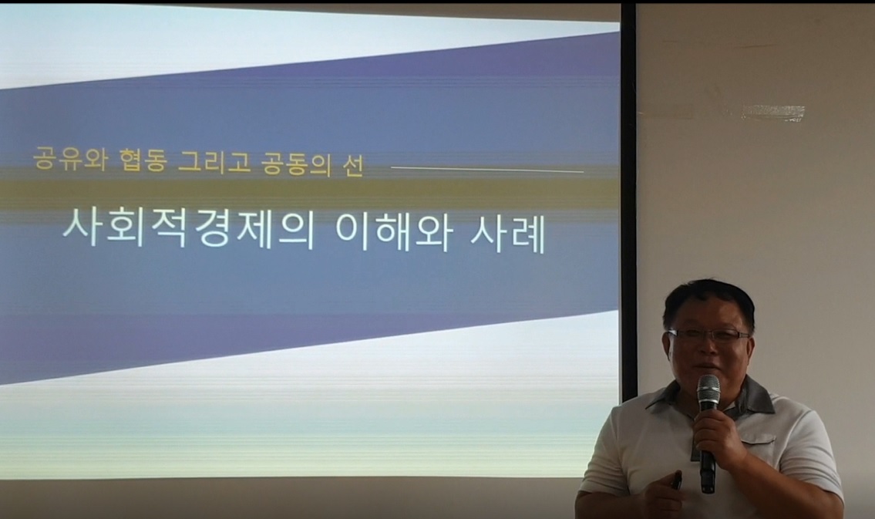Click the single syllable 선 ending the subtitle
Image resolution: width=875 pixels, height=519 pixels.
coord(352,164)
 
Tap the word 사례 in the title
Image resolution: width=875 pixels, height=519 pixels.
coord(508,234)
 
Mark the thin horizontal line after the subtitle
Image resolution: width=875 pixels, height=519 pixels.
coord(487,169)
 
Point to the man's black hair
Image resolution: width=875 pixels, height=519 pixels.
coord(708,301)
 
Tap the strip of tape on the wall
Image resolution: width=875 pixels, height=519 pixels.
coord(773,112)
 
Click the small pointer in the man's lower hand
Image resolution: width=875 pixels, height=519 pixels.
coord(676,481)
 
